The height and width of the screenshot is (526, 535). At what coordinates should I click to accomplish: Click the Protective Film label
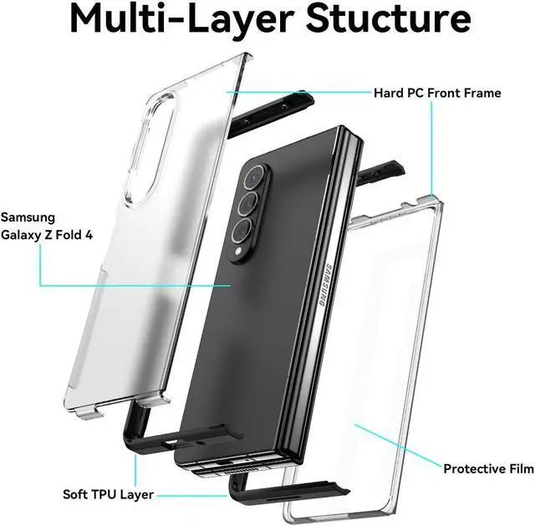tap(488, 468)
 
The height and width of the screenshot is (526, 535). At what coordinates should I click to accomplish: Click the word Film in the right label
tap(521, 468)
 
